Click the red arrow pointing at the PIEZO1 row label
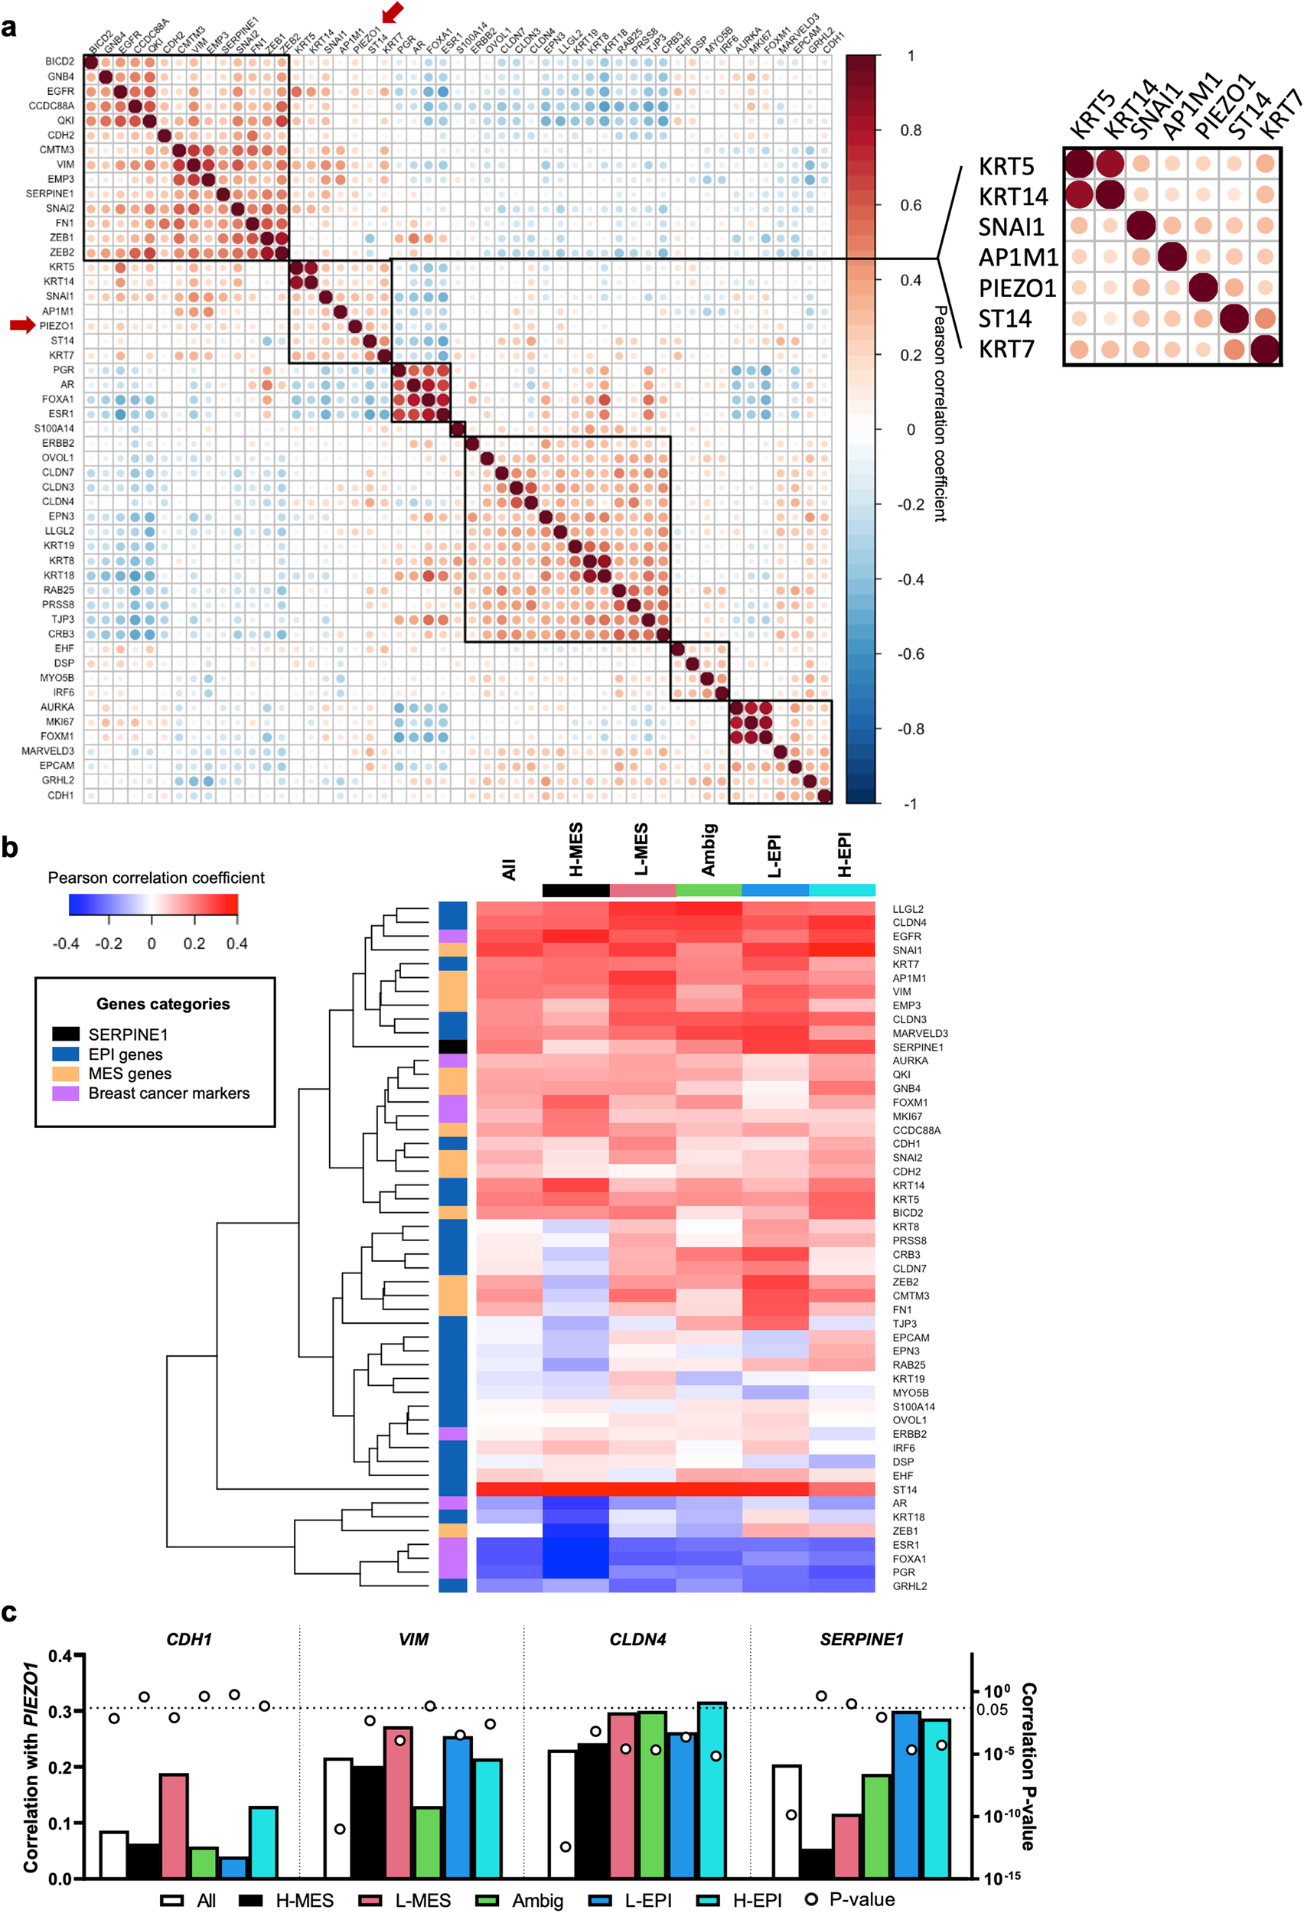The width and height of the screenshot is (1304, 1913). click(x=22, y=325)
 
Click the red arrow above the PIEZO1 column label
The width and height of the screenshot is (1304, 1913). click(x=393, y=12)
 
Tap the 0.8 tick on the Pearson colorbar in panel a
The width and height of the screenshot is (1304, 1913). click(x=911, y=130)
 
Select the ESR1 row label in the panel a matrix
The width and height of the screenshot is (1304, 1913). click(x=60, y=414)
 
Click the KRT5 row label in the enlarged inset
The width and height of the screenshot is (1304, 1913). click(x=1006, y=166)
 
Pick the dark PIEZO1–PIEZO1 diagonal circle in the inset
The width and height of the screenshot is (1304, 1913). click(x=1203, y=287)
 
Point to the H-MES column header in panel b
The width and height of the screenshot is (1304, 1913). click(x=575, y=850)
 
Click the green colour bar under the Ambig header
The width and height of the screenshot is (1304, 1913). click(x=708, y=890)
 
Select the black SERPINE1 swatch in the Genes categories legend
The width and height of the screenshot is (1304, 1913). click(x=66, y=1035)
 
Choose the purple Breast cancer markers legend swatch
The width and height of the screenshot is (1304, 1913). click(x=66, y=1093)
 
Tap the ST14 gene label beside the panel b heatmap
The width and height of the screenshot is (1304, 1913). click(x=905, y=1490)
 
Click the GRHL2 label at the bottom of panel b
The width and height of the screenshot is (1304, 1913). click(x=910, y=1586)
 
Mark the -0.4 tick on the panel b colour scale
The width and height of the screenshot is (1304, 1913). click(x=66, y=943)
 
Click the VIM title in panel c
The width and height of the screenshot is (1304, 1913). click(x=413, y=1639)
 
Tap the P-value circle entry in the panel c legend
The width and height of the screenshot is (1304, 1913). click(x=811, y=1899)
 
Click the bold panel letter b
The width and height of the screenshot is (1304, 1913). click(x=10, y=848)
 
